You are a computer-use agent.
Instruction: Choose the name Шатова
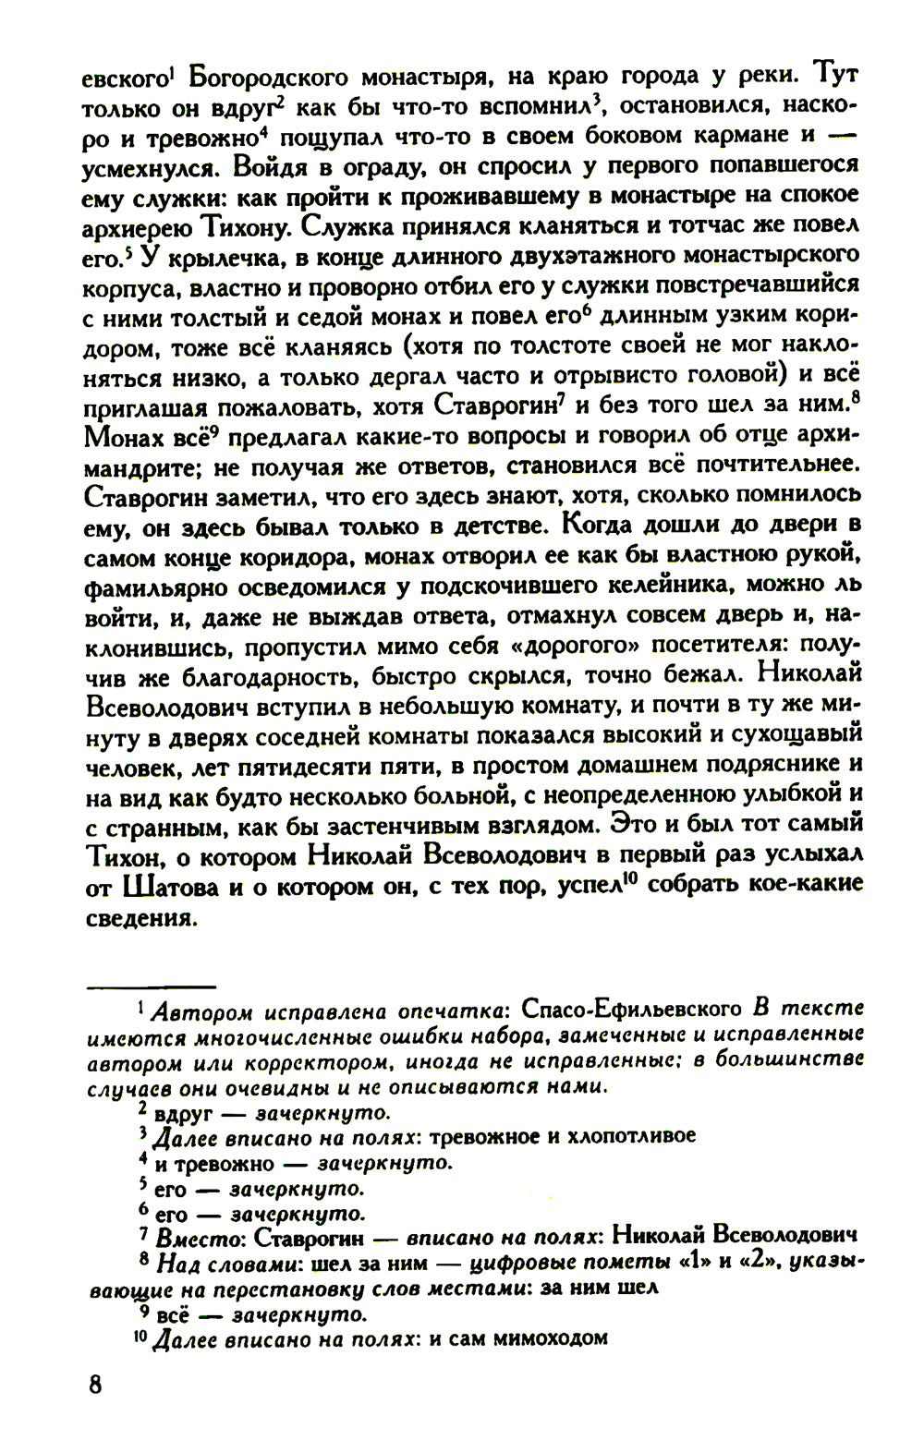[x=171, y=884]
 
